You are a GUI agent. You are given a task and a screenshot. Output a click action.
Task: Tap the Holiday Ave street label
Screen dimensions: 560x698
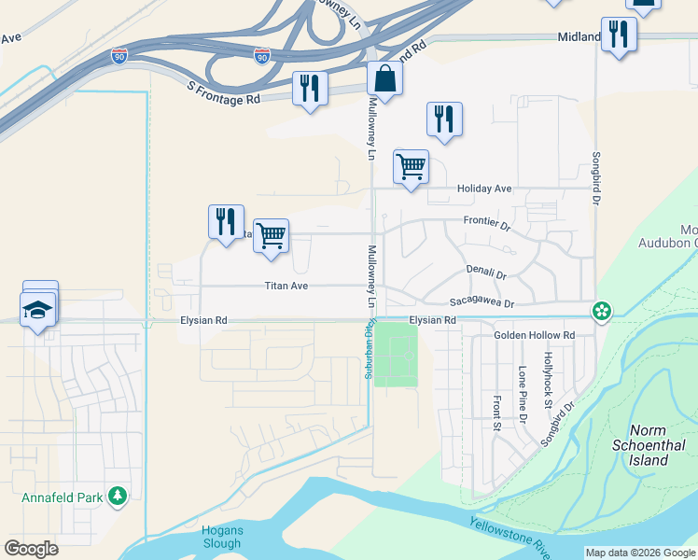point(484,189)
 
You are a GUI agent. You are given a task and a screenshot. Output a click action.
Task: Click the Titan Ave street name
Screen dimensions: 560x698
point(286,286)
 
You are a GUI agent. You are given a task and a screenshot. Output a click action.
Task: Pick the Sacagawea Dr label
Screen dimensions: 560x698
point(482,302)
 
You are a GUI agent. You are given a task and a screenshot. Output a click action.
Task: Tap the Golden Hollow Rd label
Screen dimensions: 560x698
point(534,335)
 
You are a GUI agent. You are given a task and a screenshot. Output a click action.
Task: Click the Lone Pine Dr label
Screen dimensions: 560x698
point(522,393)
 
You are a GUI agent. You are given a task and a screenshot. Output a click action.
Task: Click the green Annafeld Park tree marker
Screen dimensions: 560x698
point(118,496)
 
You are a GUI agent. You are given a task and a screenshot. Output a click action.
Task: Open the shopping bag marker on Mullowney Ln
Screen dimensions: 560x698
point(384,82)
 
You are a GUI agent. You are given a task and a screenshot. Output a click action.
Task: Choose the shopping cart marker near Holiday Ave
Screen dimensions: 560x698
point(411,168)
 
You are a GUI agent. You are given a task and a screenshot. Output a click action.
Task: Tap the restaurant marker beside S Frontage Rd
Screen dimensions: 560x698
point(309,90)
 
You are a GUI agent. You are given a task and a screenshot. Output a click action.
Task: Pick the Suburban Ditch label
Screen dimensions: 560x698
point(365,357)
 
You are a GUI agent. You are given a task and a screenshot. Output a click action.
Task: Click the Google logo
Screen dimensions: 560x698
point(32,548)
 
